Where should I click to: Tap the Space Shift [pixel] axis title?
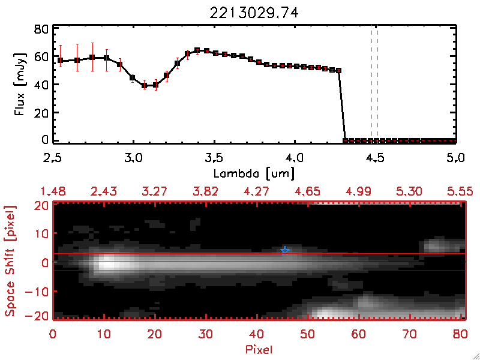pyautogui.click(x=10, y=260)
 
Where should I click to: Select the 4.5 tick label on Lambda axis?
pyautogui.click(x=376, y=158)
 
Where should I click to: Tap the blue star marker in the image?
pyautogui.click(x=285, y=250)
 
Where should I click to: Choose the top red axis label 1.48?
pyautogui.click(x=53, y=191)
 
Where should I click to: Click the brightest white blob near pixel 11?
pyautogui.click(x=109, y=263)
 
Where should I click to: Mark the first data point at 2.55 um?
pyautogui.click(x=61, y=61)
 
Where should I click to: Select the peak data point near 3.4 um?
pyautogui.click(x=197, y=50)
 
